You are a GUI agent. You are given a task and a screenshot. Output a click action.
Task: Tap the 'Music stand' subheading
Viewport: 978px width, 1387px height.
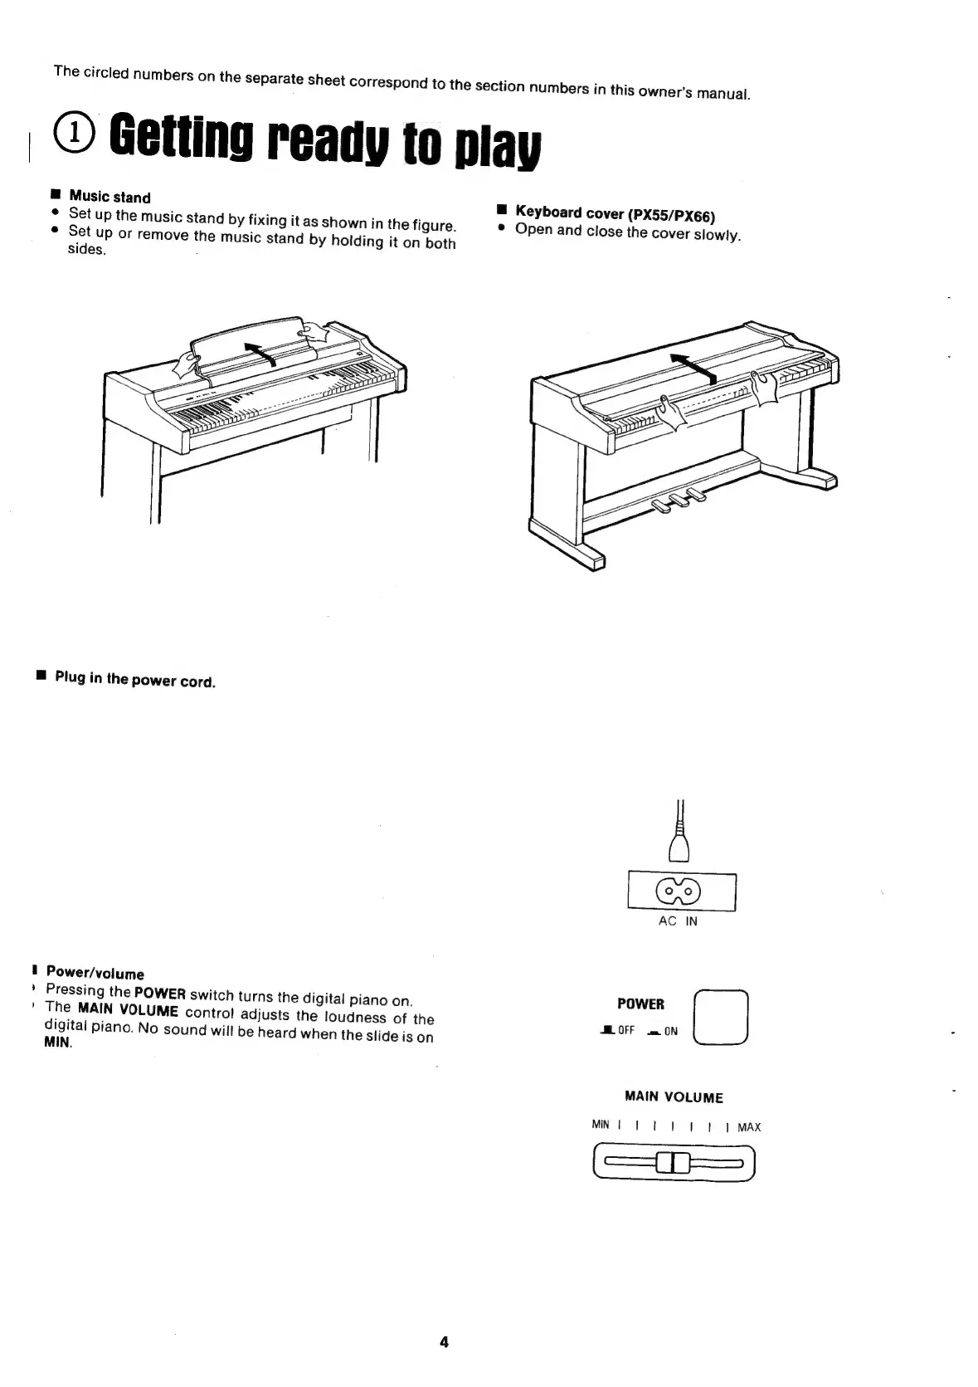click(109, 197)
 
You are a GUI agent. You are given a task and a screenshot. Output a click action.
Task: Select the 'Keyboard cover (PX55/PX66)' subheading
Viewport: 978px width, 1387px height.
click(615, 214)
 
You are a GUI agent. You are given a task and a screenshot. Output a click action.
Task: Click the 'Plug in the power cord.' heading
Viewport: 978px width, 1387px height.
click(134, 680)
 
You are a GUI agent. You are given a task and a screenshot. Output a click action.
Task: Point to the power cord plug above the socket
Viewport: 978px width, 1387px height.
click(681, 847)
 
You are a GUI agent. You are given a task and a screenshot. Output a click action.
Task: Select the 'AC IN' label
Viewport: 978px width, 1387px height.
click(678, 921)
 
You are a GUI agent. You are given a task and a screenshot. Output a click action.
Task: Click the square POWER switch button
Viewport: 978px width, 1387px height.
click(720, 1018)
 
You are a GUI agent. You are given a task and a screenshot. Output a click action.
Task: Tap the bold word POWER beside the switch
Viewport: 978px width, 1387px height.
click(640, 1004)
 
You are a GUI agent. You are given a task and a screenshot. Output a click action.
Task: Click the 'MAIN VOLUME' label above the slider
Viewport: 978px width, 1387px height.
click(674, 1097)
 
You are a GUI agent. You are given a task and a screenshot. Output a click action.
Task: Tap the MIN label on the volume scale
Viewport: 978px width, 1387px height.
click(601, 1126)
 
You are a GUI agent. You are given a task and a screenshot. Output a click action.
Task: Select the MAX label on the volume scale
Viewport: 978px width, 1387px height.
click(748, 1127)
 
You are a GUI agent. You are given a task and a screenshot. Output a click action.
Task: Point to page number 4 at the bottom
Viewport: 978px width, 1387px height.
click(444, 1342)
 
